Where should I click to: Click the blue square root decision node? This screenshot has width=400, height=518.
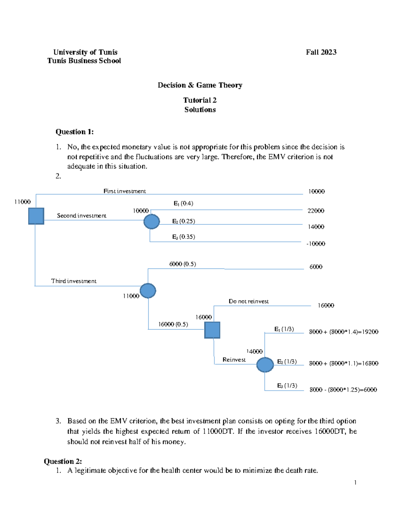click(36, 216)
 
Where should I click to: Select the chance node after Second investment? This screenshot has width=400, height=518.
click(152, 221)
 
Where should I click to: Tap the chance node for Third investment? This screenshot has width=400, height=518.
click(148, 291)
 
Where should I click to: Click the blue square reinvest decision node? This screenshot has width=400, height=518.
click(212, 330)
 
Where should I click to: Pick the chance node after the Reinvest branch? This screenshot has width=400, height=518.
click(265, 365)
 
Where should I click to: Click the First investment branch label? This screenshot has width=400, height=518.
click(124, 191)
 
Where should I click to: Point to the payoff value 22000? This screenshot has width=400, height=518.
click(316, 211)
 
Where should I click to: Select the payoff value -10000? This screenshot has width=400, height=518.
click(316, 244)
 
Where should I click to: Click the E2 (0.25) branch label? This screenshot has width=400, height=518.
click(183, 221)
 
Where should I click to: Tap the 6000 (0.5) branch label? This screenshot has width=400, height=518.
click(182, 264)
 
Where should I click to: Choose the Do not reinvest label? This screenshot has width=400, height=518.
click(248, 301)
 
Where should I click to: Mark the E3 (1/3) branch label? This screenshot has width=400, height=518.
click(287, 386)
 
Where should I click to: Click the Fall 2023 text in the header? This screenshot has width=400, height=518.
click(321, 52)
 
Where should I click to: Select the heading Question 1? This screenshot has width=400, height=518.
click(74, 132)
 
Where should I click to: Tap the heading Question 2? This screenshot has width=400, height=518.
click(63, 461)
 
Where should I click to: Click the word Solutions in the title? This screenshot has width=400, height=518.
click(200, 110)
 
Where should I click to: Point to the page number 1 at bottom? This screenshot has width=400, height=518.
click(355, 482)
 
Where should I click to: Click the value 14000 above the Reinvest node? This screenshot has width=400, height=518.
click(254, 352)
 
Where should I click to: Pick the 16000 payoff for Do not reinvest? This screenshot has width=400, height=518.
click(326, 306)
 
